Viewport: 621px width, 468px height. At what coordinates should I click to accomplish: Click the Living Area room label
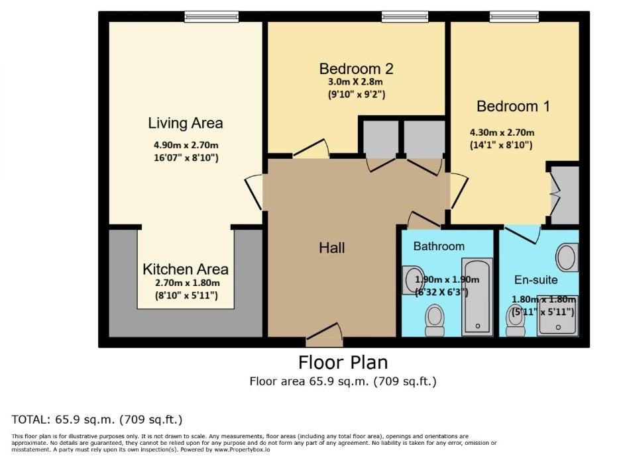click(x=186, y=123)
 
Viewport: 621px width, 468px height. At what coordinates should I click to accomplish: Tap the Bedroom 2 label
click(x=356, y=69)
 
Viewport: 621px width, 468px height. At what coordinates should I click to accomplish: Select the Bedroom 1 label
click(x=513, y=106)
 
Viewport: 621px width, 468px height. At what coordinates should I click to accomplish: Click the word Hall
click(x=332, y=248)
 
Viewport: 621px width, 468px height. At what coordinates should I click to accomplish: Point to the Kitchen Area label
click(x=186, y=269)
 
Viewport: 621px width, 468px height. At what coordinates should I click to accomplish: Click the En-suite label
click(x=536, y=280)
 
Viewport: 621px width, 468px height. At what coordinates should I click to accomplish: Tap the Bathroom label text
click(x=439, y=246)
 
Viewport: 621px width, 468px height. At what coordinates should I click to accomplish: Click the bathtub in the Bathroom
click(x=477, y=297)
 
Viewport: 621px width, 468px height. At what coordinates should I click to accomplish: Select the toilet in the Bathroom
click(x=435, y=320)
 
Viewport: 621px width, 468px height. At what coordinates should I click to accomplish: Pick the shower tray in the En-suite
click(x=557, y=316)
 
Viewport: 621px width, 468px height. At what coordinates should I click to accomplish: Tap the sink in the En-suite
click(x=567, y=257)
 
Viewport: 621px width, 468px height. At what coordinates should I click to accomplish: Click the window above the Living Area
click(x=211, y=17)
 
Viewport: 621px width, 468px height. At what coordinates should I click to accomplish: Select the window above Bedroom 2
click(x=405, y=17)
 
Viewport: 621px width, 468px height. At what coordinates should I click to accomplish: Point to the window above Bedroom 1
click(x=514, y=17)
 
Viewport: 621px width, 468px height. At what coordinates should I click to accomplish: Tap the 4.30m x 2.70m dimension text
click(x=502, y=132)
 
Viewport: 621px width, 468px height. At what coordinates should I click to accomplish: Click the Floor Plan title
click(x=343, y=362)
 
